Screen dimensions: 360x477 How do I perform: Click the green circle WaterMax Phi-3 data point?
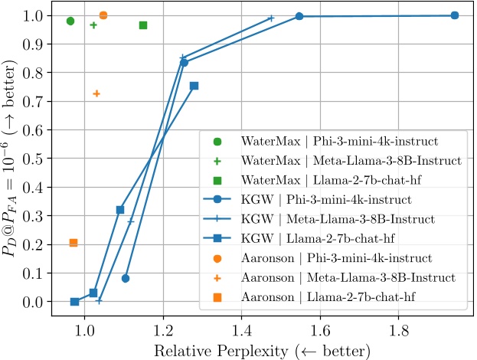[70, 21]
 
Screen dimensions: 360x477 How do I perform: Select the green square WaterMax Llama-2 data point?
[143, 25]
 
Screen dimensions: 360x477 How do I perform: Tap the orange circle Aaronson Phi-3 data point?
[103, 15]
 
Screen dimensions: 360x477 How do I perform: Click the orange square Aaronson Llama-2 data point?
[74, 243]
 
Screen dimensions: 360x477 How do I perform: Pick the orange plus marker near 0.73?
[96, 93]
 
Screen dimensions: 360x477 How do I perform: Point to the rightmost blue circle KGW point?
[455, 15]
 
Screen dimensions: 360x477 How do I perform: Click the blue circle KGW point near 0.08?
[126, 278]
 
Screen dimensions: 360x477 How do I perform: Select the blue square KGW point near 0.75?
[194, 86]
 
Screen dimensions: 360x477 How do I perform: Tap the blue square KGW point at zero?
[74, 302]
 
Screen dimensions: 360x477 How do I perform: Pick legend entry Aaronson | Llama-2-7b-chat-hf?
[337, 296]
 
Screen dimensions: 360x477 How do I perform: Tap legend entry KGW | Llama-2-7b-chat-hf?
[337, 238]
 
